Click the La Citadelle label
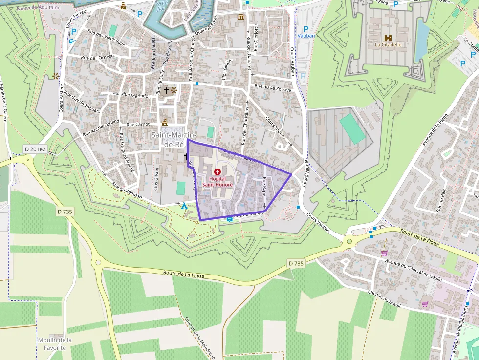[388, 44]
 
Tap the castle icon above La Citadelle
[388, 37]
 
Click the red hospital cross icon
[218, 172]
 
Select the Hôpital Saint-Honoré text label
[218, 182]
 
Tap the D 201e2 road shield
[35, 148]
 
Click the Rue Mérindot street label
[135, 96]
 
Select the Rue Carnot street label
[138, 125]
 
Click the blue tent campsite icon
[184, 207]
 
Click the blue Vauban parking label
[306, 36]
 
